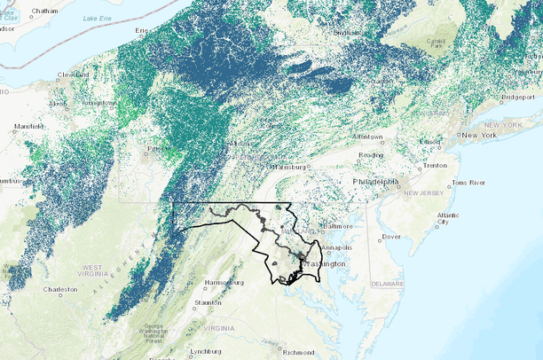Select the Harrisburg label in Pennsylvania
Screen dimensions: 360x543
click(x=288, y=167)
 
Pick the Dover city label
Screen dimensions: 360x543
click(x=391, y=237)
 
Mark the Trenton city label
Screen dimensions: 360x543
click(x=435, y=166)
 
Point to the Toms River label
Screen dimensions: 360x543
click(x=469, y=182)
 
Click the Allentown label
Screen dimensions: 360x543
click(x=366, y=137)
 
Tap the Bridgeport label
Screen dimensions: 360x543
click(x=517, y=96)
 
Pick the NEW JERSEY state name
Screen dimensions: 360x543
click(x=422, y=192)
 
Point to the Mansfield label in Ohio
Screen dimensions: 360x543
click(x=29, y=126)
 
